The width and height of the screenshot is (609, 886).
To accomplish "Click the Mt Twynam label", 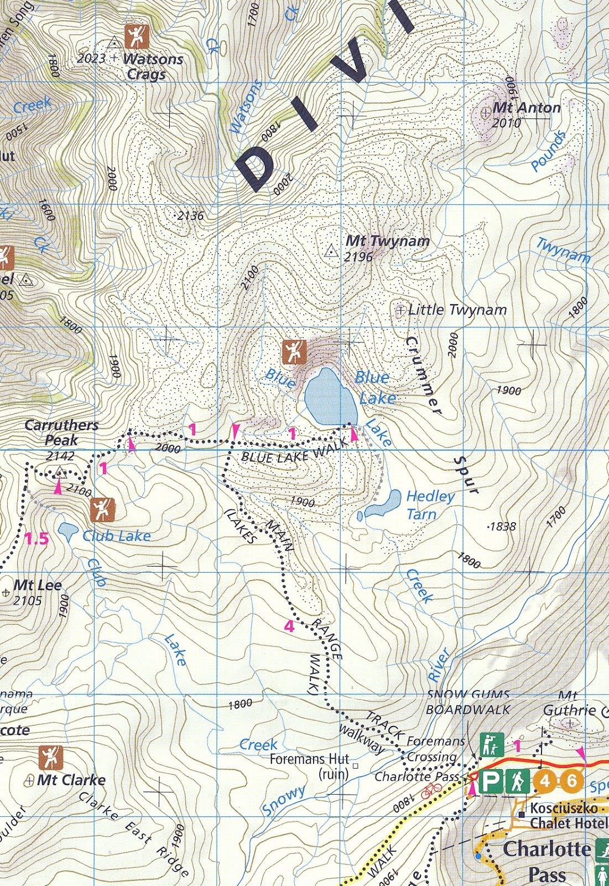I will pyautogui.click(x=387, y=241).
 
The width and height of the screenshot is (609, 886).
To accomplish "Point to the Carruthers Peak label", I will pyautogui.click(x=61, y=432).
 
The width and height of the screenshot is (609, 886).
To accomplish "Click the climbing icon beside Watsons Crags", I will pyautogui.click(x=137, y=37).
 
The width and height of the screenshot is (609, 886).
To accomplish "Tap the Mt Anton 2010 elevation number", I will pyautogui.click(x=507, y=123).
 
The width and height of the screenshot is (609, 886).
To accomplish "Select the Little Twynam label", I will pyautogui.click(x=457, y=310).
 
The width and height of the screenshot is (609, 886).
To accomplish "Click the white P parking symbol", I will pyautogui.click(x=489, y=782).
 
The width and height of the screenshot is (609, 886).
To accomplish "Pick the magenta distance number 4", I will pyautogui.click(x=289, y=626).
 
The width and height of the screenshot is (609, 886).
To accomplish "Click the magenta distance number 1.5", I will pyautogui.click(x=37, y=538).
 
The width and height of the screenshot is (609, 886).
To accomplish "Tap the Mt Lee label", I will pyautogui.click(x=37, y=585).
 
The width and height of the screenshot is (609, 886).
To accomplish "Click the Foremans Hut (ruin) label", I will pyautogui.click(x=310, y=766).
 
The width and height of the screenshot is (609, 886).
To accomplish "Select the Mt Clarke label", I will pyautogui.click(x=71, y=780).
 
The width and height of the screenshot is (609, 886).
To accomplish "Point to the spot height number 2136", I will pyautogui.click(x=190, y=216).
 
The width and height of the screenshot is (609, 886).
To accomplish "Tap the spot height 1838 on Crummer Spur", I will pyautogui.click(x=502, y=527).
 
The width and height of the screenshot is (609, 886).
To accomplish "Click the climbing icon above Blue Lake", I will pyautogui.click(x=294, y=351).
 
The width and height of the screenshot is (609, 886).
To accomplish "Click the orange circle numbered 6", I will pyautogui.click(x=572, y=781).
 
